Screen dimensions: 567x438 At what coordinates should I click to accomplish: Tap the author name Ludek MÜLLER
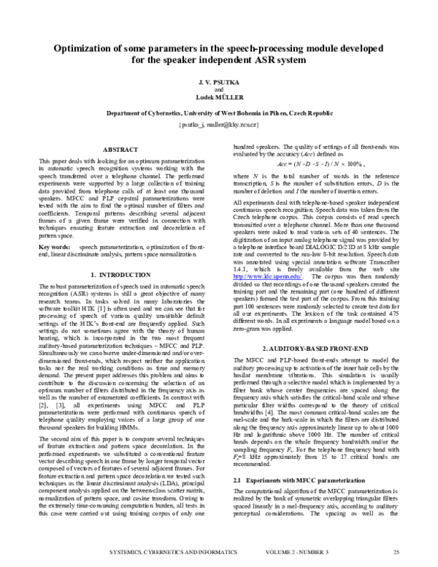point(218,97)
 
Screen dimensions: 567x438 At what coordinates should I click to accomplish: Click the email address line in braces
point(218,125)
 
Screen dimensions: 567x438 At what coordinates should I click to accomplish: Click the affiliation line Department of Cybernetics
point(218,115)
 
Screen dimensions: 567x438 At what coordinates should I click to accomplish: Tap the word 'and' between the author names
point(218,90)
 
